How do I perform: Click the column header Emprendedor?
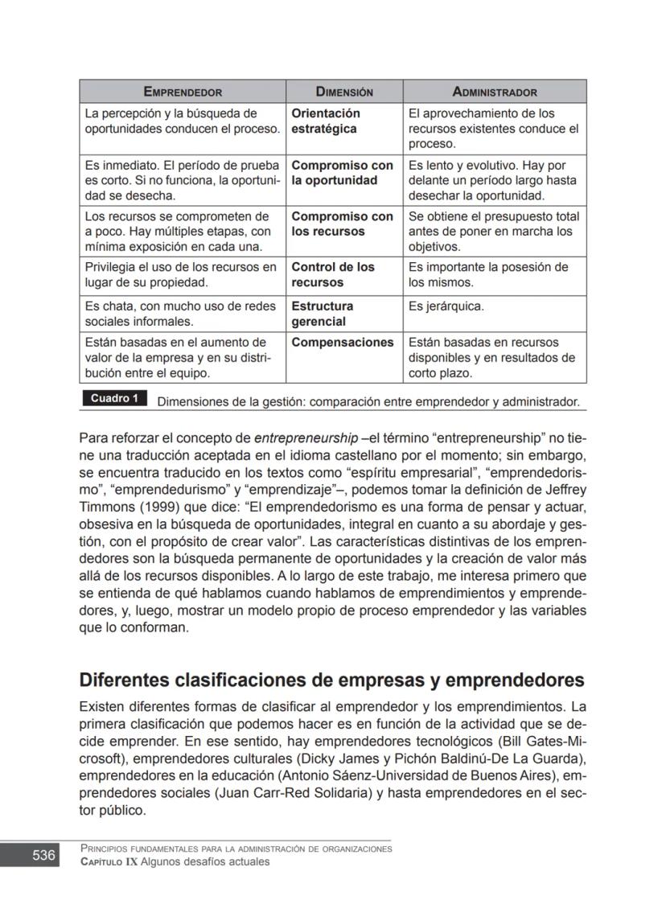183,92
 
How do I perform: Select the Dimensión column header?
344,92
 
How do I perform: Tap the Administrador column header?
495,92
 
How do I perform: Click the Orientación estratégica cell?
326,121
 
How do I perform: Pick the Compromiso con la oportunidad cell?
342,173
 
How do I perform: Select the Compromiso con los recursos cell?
342,224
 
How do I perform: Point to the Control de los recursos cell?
333,275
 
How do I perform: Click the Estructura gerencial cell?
322,314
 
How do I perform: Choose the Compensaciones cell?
342,343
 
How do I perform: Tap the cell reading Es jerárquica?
446,306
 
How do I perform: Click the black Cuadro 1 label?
114,399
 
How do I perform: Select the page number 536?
43,855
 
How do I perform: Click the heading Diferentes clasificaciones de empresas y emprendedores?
331,680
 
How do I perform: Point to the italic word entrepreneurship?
306,438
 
